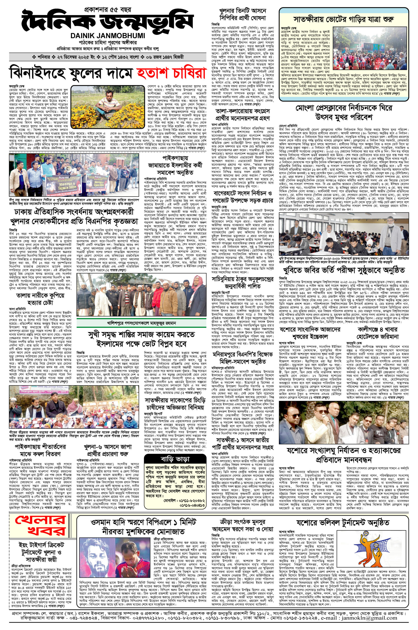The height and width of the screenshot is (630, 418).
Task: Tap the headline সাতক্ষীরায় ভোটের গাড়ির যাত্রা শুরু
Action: click(343, 19)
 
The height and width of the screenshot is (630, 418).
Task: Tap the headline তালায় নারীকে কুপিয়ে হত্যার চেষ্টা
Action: click(40, 299)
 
